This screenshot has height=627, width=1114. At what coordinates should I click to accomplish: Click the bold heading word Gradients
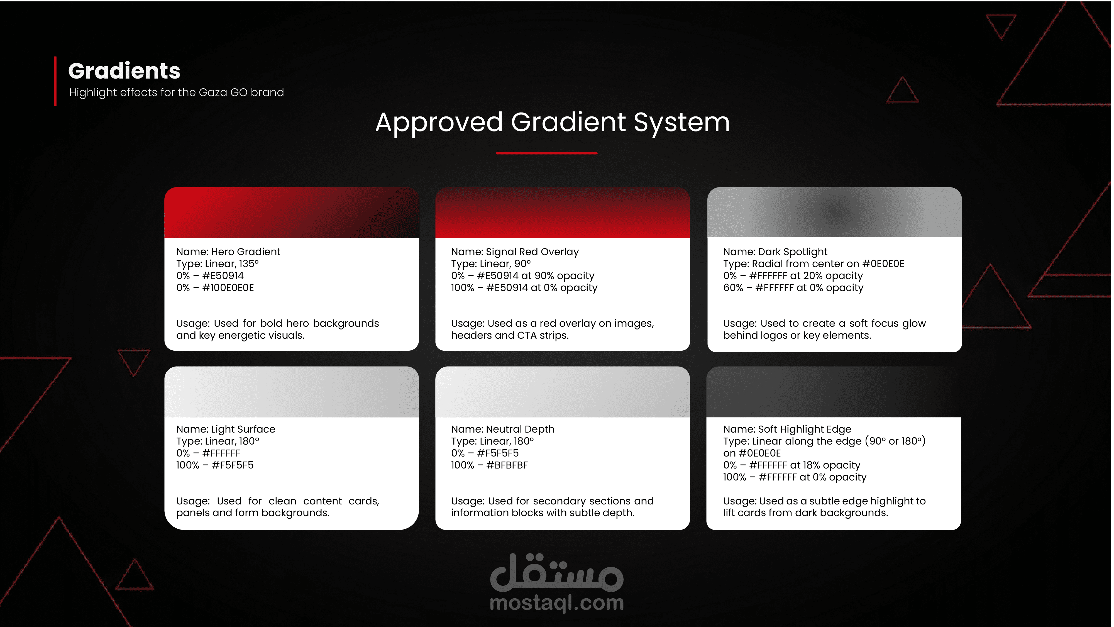coord(124,71)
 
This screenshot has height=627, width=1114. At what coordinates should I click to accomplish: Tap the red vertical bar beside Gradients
coord(55,81)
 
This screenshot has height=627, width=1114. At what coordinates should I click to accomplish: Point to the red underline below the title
coord(547,153)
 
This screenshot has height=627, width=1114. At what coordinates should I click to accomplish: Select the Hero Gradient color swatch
coord(292,213)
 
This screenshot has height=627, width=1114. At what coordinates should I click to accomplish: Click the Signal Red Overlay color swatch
coord(562,213)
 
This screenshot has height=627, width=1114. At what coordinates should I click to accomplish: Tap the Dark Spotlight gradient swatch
coord(834,212)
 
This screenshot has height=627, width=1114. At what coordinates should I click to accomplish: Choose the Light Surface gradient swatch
coord(292,392)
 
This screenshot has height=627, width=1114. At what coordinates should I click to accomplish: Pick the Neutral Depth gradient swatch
coord(562,392)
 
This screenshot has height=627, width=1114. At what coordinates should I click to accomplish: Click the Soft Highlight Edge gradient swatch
coord(833,392)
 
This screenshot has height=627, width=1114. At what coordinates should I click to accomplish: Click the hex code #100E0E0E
coord(228,288)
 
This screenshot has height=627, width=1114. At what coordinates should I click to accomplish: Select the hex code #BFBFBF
coord(507,465)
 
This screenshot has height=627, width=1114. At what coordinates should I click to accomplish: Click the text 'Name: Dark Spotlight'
coord(775,252)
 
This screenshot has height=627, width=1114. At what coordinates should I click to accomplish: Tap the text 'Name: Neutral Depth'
coord(502,430)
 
